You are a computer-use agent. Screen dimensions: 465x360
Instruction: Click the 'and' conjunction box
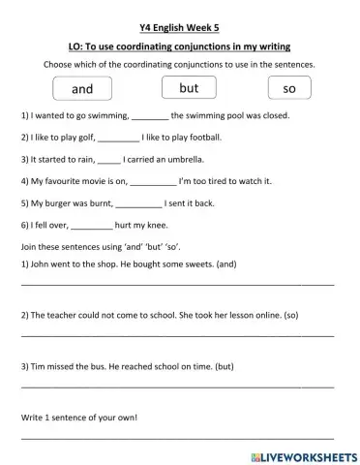(82, 89)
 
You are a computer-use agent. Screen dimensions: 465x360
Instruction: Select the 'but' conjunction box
(189, 88)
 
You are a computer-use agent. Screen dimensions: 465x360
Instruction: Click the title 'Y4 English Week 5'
(181, 26)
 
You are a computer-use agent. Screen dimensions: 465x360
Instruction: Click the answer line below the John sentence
(178, 284)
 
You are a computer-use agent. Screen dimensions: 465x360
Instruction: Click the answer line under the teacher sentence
(178, 335)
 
